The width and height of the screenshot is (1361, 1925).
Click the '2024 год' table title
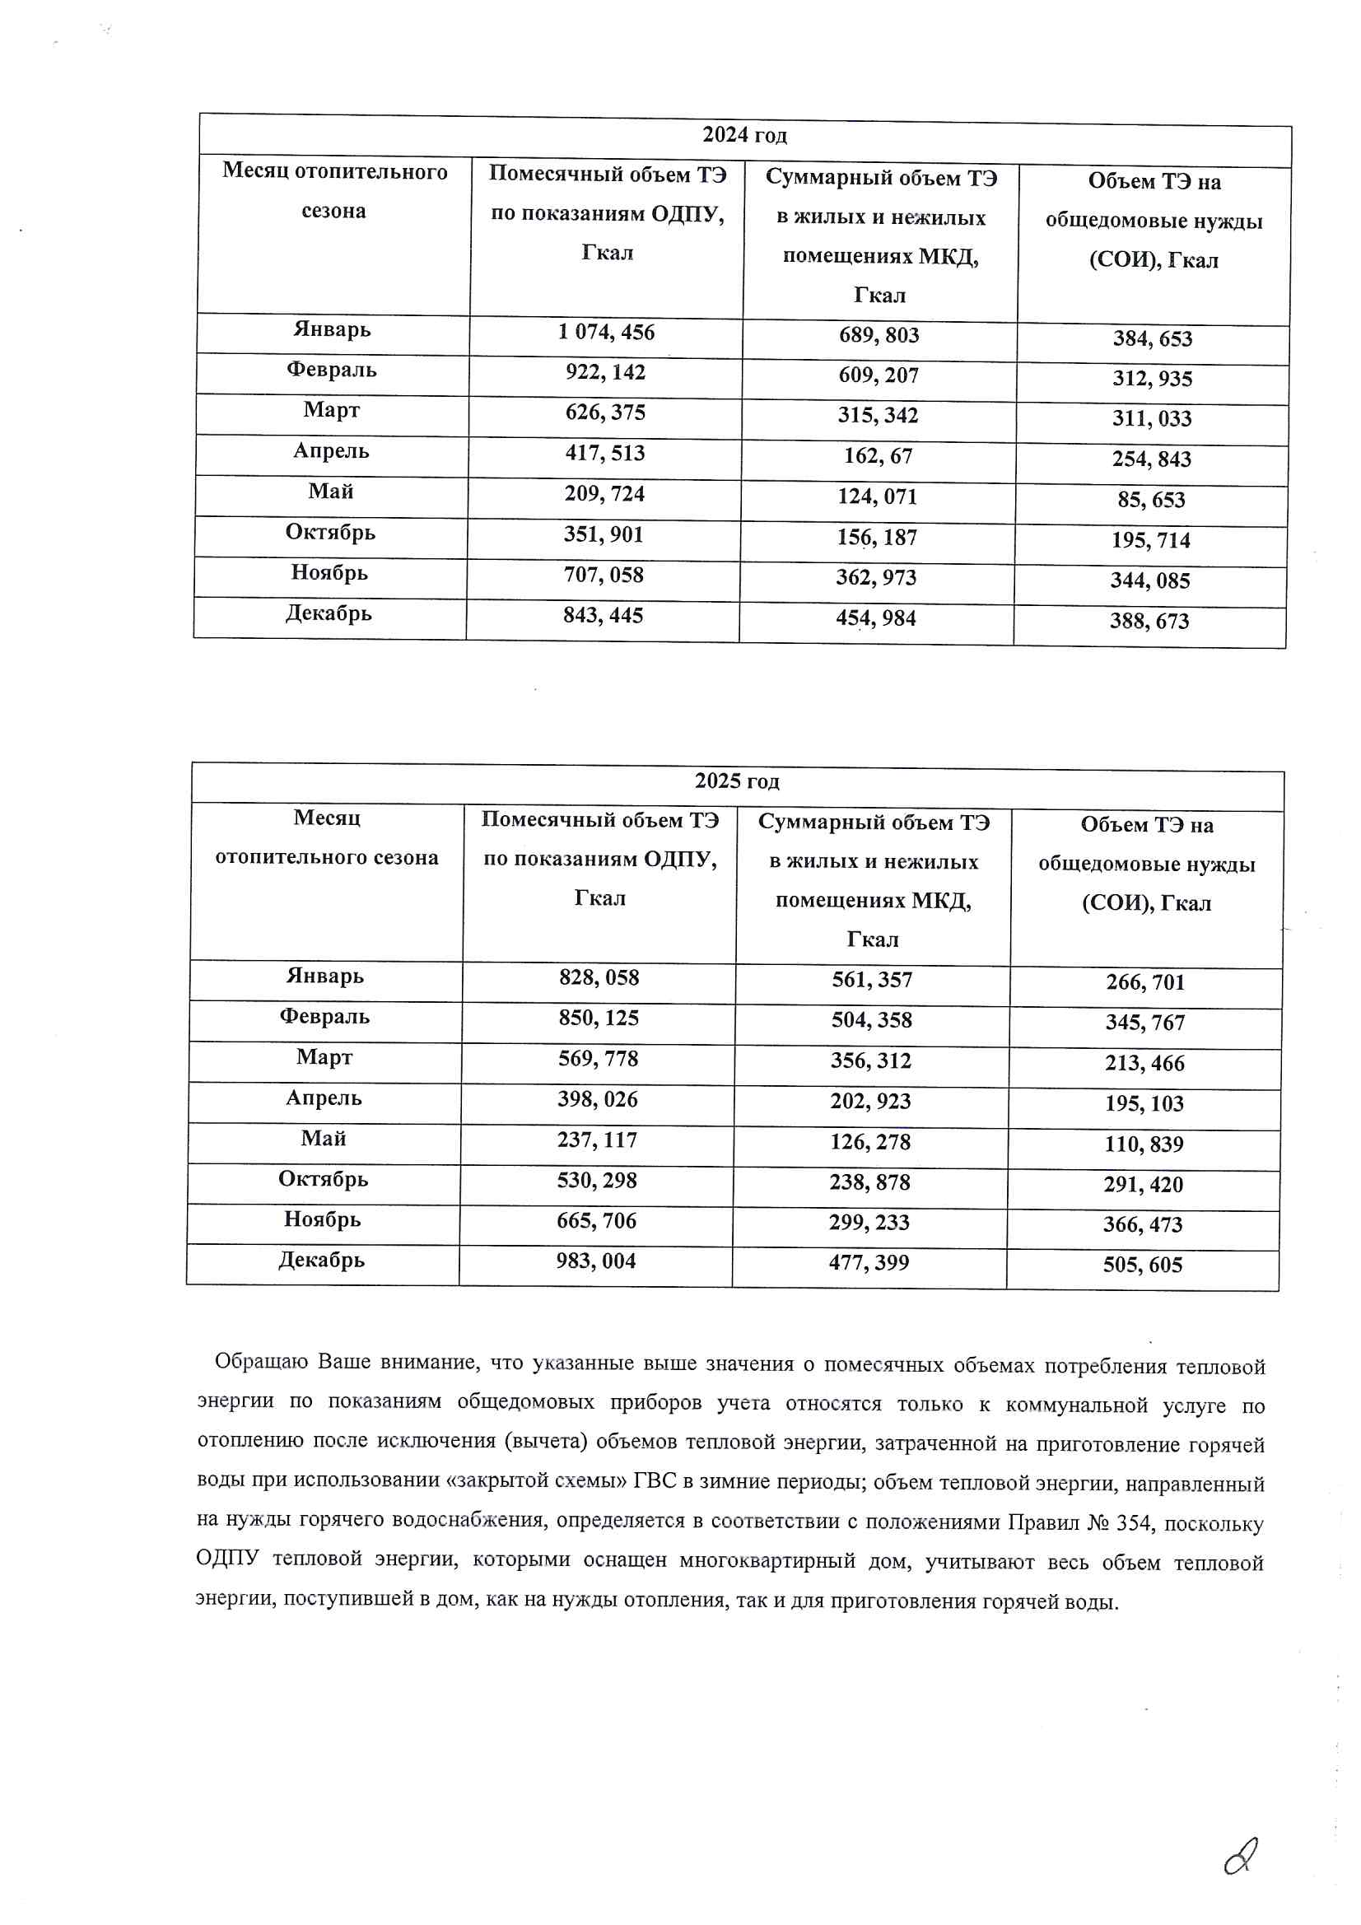pyautogui.click(x=743, y=135)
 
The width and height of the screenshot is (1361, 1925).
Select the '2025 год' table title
pyautogui.click(x=736, y=781)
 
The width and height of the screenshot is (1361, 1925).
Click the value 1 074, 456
pyautogui.click(x=605, y=332)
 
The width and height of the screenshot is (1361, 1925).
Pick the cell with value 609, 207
pyautogui.click(x=878, y=375)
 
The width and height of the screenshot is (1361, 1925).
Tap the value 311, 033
pyautogui.click(x=1151, y=417)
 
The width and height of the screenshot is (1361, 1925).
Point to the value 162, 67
pyautogui.click(x=877, y=456)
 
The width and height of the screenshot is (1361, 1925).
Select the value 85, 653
pyautogui.click(x=1150, y=500)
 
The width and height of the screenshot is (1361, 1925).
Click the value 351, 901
pyautogui.click(x=603, y=534)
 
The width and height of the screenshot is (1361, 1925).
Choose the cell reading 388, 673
pyautogui.click(x=1149, y=622)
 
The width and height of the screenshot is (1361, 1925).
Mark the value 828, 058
pyautogui.click(x=599, y=977)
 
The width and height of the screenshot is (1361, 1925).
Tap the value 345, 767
pyautogui.click(x=1144, y=1023)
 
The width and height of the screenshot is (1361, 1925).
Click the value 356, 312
pyautogui.click(x=870, y=1060)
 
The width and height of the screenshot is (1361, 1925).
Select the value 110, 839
pyautogui.click(x=1143, y=1144)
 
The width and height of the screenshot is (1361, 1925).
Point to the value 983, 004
pyautogui.click(x=595, y=1261)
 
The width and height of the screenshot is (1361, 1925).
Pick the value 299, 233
pyautogui.click(x=869, y=1223)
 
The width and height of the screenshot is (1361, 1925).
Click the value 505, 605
pyautogui.click(x=1142, y=1265)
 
